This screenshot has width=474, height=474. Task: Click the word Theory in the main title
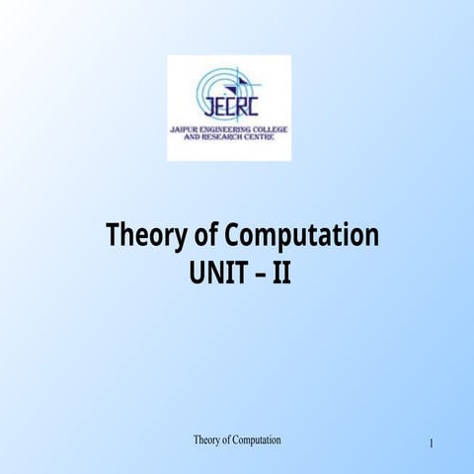[x=142, y=236]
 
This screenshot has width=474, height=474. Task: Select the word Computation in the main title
[x=302, y=237]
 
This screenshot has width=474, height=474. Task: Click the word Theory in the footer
[x=206, y=438]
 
